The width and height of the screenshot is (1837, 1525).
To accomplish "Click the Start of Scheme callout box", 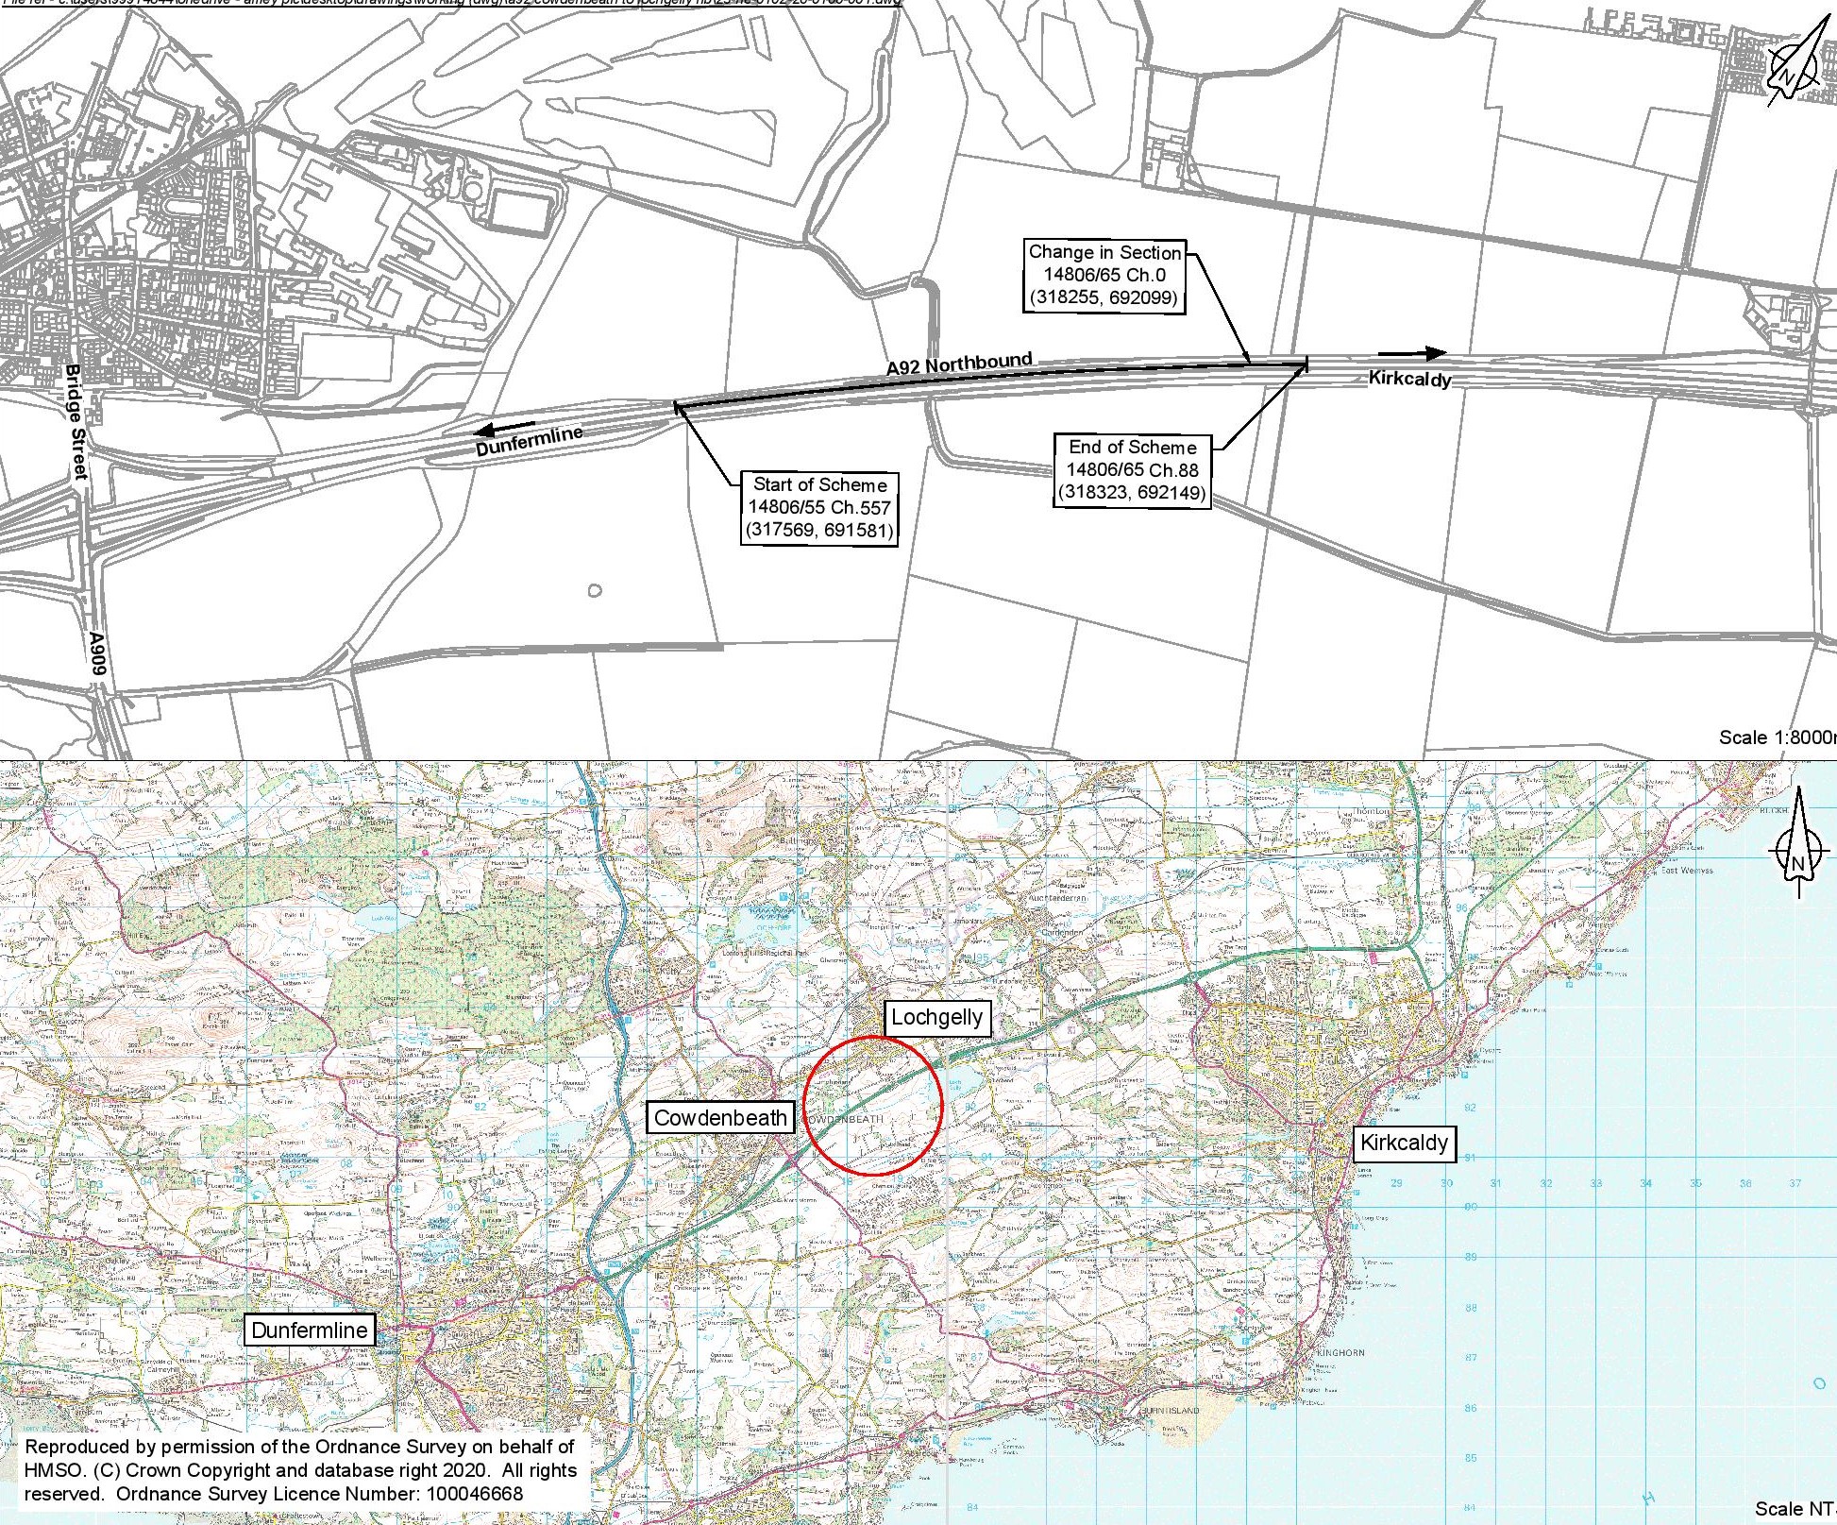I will point(819,508).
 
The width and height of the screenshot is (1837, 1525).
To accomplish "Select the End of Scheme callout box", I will point(1132,470).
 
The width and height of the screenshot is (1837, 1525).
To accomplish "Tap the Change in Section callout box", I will point(1104,276).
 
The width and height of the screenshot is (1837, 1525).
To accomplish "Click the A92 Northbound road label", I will point(959,364).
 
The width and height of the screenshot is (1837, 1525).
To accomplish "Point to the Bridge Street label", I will point(76,422).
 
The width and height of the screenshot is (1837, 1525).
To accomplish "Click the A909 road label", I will point(98,653).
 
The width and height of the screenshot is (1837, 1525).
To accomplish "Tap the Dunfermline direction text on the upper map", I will point(529,441).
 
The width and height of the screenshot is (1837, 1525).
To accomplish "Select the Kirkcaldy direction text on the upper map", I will point(1409,379).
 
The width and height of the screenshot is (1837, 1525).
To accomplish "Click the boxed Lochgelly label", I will point(937,1017).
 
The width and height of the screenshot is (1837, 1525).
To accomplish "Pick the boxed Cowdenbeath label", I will point(719,1118).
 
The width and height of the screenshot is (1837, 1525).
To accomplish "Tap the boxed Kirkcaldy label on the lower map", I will point(1404,1144).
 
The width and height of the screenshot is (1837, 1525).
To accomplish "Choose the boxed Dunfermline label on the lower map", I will point(309,1330).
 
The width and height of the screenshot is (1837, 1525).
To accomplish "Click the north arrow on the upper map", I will point(1796,63).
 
